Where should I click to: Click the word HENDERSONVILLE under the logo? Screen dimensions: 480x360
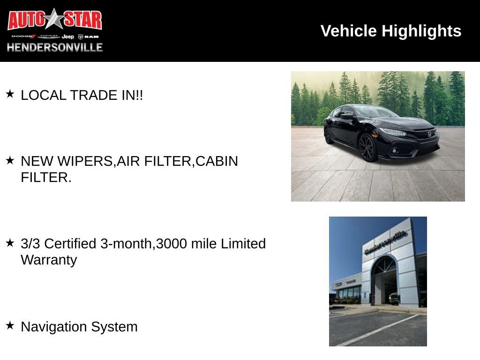(55, 47)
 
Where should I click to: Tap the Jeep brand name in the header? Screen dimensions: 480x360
(67, 37)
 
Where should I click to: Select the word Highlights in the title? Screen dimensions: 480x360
(421, 31)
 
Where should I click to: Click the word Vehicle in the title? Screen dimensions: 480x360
(348, 31)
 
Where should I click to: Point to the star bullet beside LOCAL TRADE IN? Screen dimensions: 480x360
(10, 94)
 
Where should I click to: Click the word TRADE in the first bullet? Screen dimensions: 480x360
(94, 95)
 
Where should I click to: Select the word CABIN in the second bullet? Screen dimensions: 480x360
(217, 161)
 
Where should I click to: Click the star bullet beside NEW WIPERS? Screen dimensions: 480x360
(10, 160)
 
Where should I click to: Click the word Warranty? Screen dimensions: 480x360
(49, 260)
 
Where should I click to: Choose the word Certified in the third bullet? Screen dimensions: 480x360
(70, 244)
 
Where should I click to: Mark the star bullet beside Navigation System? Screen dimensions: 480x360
(10, 325)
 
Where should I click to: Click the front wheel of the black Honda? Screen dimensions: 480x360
(368, 148)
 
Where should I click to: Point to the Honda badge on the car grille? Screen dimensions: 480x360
(429, 134)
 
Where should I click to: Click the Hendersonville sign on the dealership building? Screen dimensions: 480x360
(386, 243)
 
